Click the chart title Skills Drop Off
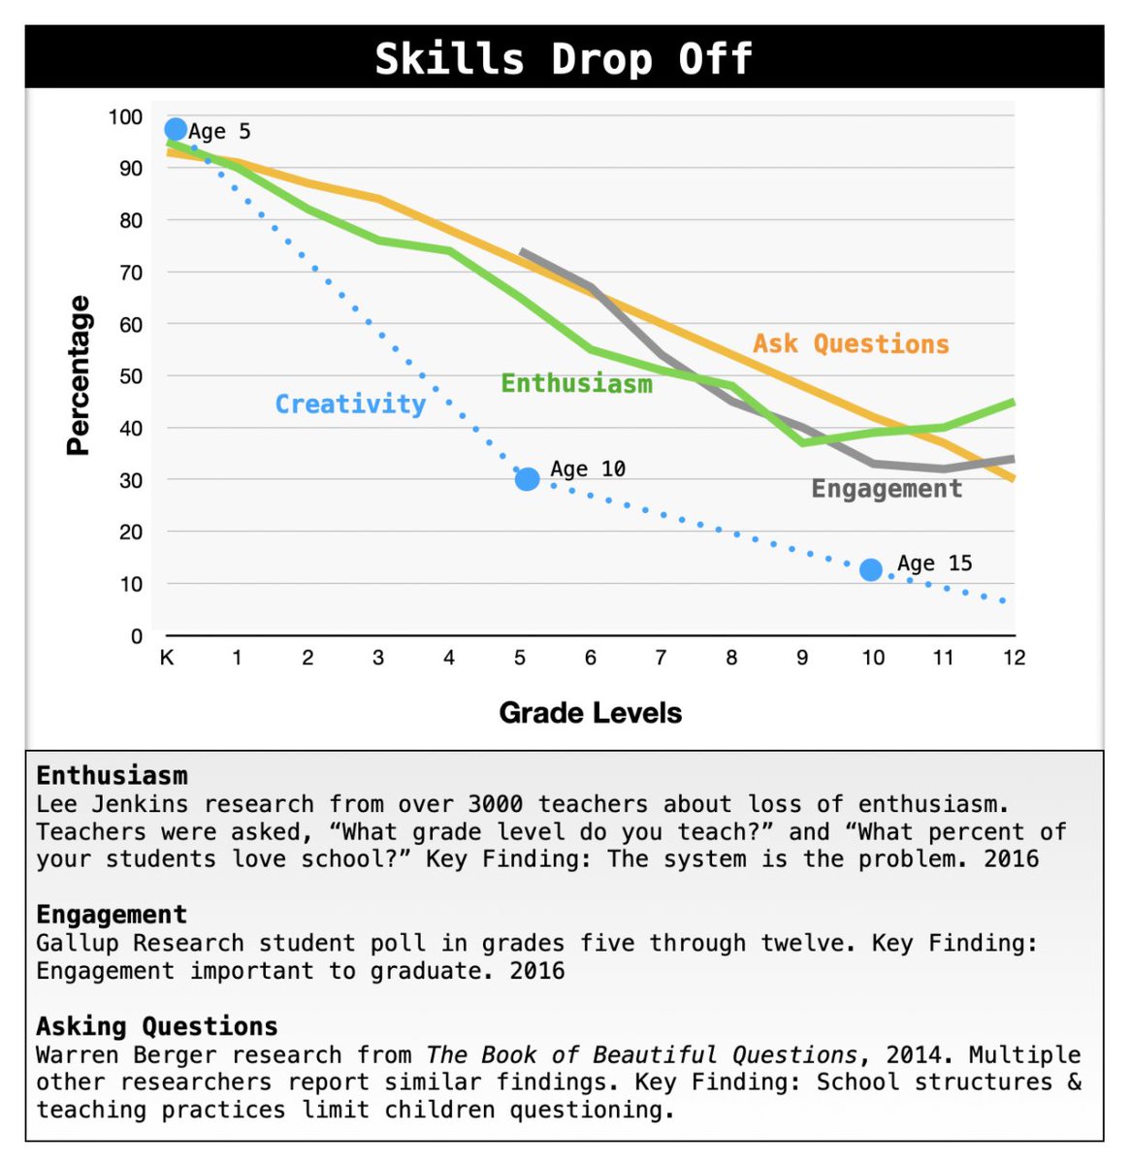pos(564,58)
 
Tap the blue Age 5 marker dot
pos(176,129)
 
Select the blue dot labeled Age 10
pos(527,479)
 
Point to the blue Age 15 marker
pos(871,569)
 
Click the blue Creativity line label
pos(350,404)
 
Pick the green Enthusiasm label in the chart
pos(576,383)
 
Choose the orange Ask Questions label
pos(851,343)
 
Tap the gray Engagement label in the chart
pos(887,488)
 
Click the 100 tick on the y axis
pos(125,116)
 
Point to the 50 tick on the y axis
pos(130,376)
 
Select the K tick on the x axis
pos(167,658)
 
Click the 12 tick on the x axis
pos(1014,658)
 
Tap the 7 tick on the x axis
pos(661,658)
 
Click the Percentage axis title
pos(78,375)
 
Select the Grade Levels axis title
pos(590,713)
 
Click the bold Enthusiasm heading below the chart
pos(112,775)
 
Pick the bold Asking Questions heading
pos(156,1026)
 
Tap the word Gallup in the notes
pos(78,943)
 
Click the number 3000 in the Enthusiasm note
pos(495,804)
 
